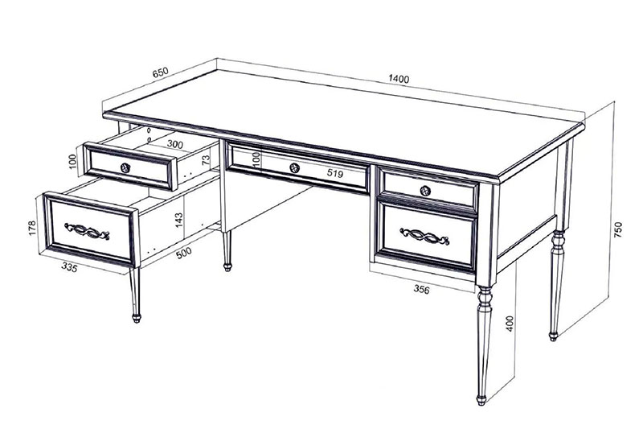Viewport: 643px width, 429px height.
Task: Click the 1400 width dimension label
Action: [x=399, y=79]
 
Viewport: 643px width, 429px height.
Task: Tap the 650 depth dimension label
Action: [x=160, y=72]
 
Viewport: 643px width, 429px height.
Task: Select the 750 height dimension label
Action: [x=618, y=230]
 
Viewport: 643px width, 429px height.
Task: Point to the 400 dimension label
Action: [x=510, y=324]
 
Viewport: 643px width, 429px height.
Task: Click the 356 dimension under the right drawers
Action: [x=421, y=290]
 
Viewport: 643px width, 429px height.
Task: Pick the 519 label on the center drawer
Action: [x=334, y=174]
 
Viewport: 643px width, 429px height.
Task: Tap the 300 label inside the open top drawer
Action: [x=174, y=145]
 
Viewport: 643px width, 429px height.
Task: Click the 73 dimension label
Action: [x=206, y=159]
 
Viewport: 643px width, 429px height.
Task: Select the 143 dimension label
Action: [x=178, y=220]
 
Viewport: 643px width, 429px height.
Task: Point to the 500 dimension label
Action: [x=184, y=253]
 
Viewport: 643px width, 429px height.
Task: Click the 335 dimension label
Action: [x=69, y=267]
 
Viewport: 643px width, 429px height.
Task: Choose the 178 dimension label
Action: [x=32, y=229]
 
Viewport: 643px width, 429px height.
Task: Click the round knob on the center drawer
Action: [x=294, y=167]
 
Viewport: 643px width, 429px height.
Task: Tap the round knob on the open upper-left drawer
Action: [x=125, y=167]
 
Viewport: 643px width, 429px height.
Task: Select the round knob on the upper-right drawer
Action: [x=426, y=191]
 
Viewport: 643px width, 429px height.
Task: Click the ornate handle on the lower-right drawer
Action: [x=424, y=236]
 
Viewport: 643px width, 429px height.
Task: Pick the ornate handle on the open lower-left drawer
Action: [x=87, y=231]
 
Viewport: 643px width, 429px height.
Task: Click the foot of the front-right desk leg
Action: [x=481, y=399]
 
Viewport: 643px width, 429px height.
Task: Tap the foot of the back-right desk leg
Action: [x=553, y=336]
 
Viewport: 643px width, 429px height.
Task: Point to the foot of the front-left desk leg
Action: [x=136, y=318]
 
